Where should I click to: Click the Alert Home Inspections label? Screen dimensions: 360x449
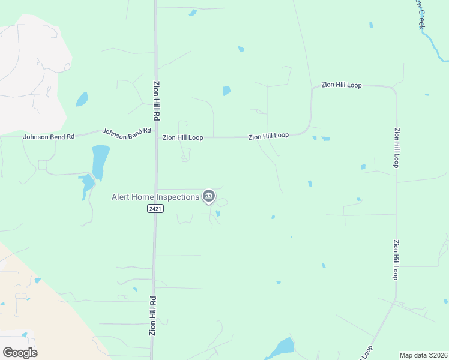point(155,197)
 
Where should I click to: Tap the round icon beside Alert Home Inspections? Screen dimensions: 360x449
point(209,196)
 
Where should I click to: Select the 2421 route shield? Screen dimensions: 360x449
point(154,208)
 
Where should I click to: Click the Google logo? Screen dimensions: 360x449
point(20,352)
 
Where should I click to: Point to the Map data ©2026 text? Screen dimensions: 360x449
point(423,355)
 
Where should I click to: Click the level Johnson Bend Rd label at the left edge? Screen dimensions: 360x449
point(49,137)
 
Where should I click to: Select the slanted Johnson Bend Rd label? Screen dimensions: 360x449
point(126,133)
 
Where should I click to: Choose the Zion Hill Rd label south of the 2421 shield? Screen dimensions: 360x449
point(153,316)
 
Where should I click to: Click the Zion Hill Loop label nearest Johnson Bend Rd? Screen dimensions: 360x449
point(183,137)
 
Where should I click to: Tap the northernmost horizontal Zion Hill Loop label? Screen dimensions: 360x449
point(341,85)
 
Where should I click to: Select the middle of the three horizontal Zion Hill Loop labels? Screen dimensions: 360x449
point(269,136)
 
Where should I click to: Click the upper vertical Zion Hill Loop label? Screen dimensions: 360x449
point(397,147)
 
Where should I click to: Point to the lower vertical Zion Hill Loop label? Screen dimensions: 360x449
point(396,259)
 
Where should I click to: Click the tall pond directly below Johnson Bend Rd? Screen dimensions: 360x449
point(100,161)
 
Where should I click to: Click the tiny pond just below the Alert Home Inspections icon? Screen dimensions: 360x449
point(218,213)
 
